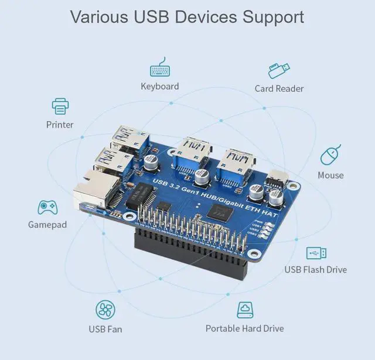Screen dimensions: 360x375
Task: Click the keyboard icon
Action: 159,69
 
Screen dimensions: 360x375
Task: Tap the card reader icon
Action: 279,71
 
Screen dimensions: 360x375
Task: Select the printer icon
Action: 60,107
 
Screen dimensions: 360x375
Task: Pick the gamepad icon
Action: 47,207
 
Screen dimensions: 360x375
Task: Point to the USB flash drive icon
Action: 316,253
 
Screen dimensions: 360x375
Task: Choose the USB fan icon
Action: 105,310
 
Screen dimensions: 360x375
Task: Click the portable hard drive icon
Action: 245,310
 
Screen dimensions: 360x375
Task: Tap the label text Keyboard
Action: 159,87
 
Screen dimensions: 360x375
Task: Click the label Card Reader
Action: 279,89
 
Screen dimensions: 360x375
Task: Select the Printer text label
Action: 60,125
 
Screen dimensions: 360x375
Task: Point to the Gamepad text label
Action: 47,225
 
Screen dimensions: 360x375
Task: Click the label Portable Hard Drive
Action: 244,329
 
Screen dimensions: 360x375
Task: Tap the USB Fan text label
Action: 105,329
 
